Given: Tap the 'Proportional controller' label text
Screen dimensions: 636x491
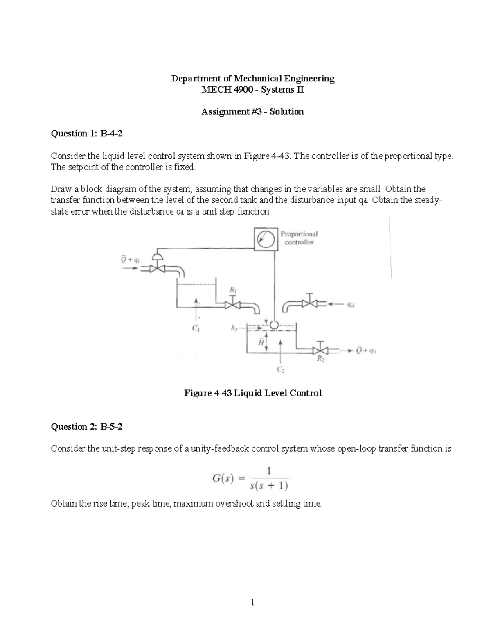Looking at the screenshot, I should pyautogui.click(x=299, y=238).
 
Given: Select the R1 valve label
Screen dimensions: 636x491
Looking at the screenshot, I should pyautogui.click(x=233, y=290).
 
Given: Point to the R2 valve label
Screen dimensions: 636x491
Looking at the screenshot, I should pyautogui.click(x=320, y=359).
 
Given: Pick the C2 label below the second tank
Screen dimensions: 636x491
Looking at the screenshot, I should pyautogui.click(x=280, y=370).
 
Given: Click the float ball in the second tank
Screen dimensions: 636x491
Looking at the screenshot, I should pyautogui.click(x=274, y=325).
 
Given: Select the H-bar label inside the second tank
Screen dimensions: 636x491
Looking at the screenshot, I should pyautogui.click(x=260, y=343).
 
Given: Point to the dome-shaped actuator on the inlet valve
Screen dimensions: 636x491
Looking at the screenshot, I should pyautogui.click(x=157, y=257).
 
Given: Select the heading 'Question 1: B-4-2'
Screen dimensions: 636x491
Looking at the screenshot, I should pyautogui.click(x=86, y=133).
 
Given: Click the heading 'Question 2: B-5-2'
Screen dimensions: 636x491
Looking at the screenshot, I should pyautogui.click(x=86, y=426).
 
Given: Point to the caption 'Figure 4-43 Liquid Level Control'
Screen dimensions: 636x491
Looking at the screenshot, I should pyautogui.click(x=253, y=393).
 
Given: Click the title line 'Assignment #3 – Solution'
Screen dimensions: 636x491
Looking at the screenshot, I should pyautogui.click(x=252, y=111).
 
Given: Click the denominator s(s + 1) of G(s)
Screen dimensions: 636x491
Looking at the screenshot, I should pyautogui.click(x=268, y=486).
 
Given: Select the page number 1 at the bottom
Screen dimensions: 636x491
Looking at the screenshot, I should pyautogui.click(x=252, y=602).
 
